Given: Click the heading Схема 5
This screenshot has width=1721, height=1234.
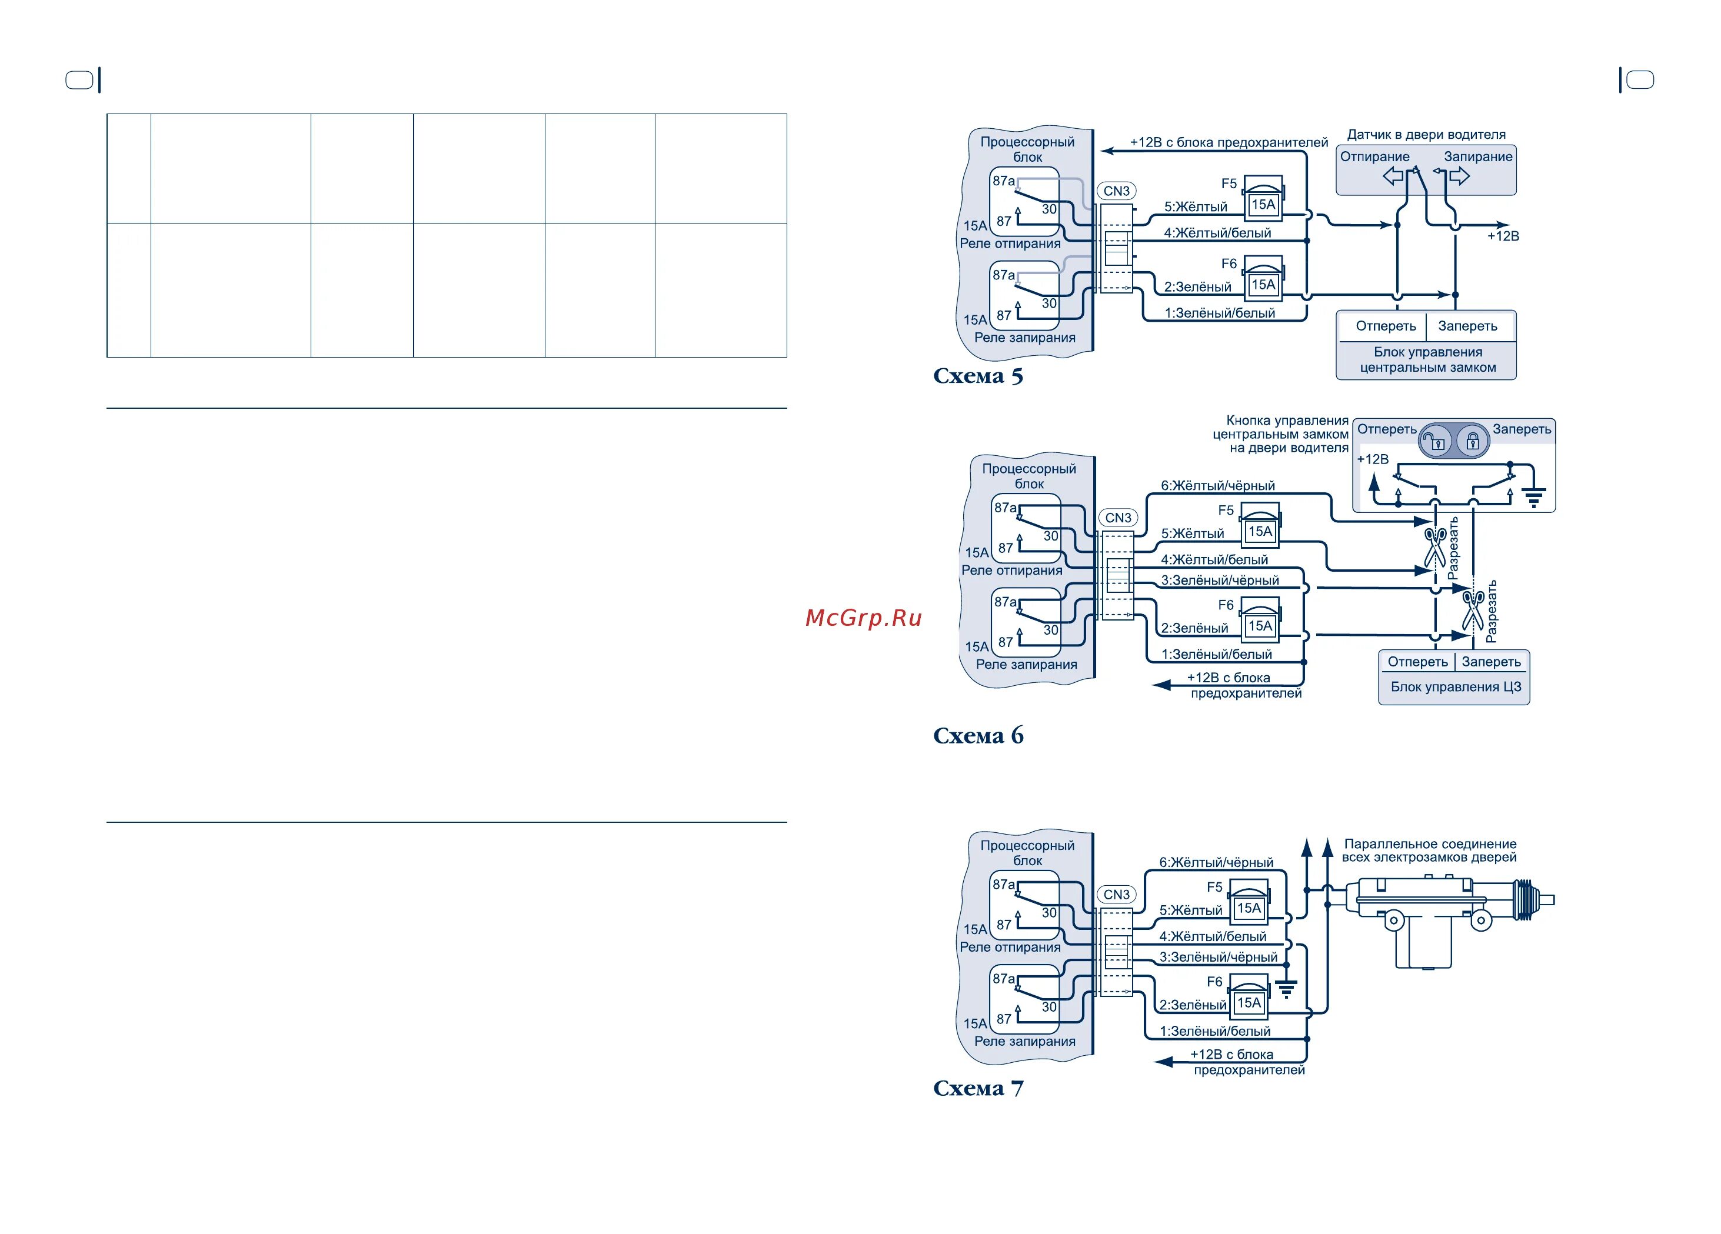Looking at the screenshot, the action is (977, 376).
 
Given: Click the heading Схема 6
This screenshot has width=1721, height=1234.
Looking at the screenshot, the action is (977, 736).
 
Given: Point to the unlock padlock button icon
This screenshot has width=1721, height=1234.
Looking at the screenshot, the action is (1435, 441).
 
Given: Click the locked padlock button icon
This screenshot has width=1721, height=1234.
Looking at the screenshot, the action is (1472, 441).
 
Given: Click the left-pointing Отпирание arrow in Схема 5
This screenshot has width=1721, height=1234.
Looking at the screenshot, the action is (1393, 176).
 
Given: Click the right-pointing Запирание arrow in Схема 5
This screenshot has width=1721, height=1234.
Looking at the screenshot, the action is (1460, 176).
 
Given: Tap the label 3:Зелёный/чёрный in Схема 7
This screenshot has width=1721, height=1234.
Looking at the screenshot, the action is (1218, 957).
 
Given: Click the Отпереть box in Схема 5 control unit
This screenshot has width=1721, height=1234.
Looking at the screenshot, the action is (1386, 326).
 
